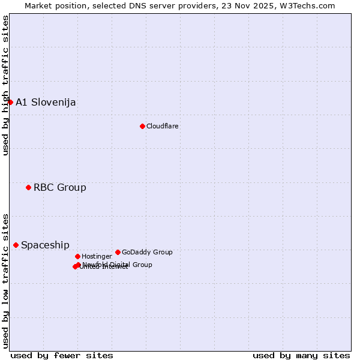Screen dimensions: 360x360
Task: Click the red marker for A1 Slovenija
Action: click(x=10, y=102)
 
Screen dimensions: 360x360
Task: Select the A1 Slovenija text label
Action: click(x=46, y=102)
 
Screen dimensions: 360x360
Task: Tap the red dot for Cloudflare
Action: click(x=142, y=126)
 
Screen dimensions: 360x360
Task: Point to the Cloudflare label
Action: click(x=162, y=126)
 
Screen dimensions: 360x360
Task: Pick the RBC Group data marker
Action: click(x=28, y=187)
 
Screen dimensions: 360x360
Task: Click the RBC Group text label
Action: click(x=59, y=187)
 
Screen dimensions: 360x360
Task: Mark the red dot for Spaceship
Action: click(x=16, y=245)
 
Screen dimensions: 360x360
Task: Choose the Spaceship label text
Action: click(x=45, y=245)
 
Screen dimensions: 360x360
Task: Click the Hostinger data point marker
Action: click(x=77, y=256)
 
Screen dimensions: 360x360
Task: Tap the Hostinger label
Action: click(x=97, y=256)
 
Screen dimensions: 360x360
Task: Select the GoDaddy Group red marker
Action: click(x=118, y=252)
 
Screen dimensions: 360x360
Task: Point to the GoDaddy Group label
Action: click(x=147, y=252)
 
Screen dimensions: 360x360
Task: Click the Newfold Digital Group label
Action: click(x=117, y=264)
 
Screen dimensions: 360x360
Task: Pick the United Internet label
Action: click(x=103, y=267)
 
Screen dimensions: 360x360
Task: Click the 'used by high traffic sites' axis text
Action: click(x=5, y=85)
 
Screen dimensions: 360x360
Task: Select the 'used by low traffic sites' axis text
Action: click(x=5, y=280)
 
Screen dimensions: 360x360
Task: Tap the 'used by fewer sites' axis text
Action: click(x=62, y=355)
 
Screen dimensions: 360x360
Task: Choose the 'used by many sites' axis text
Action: click(x=301, y=355)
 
